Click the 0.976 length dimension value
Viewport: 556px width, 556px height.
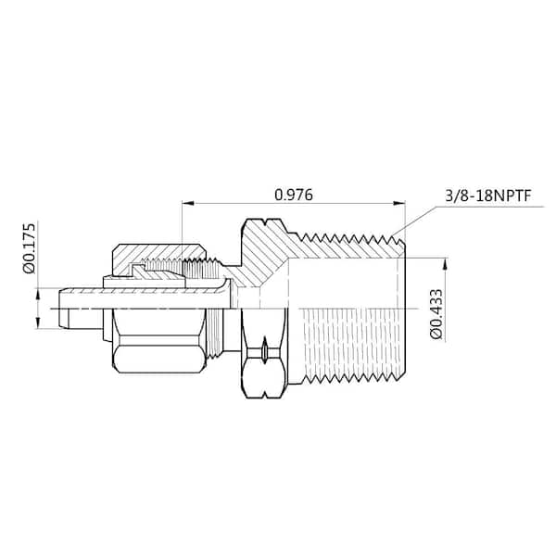coord(294,195)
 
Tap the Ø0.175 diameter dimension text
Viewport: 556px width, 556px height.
coord(30,247)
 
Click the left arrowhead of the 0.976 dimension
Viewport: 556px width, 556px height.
coord(186,205)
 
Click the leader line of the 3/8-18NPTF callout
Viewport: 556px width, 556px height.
coord(422,213)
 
